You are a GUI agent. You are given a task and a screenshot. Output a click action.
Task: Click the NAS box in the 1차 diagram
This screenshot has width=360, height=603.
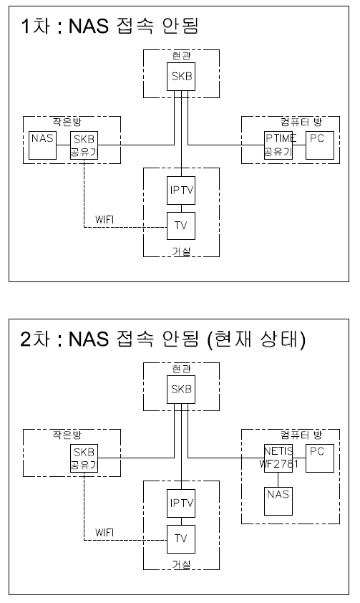pyautogui.click(x=43, y=145)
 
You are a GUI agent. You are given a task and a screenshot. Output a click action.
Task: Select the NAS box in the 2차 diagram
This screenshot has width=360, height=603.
pyautogui.click(x=278, y=501)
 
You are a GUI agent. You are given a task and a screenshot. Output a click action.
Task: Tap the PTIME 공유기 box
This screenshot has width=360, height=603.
pyautogui.click(x=278, y=145)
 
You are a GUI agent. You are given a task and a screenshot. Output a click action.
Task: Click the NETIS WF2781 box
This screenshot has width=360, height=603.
pyautogui.click(x=278, y=458)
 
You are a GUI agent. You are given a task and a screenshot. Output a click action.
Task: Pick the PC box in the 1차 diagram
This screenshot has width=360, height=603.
pyautogui.click(x=320, y=145)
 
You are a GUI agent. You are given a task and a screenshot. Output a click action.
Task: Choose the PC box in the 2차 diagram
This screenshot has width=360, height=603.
pyautogui.click(x=320, y=458)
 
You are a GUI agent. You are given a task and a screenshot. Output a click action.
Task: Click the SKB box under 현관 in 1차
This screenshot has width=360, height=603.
pyautogui.click(x=181, y=77)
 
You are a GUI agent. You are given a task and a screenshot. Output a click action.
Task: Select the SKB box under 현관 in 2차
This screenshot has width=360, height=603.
pyautogui.click(x=181, y=390)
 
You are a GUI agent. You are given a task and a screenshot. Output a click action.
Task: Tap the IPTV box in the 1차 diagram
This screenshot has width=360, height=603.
pyautogui.click(x=181, y=190)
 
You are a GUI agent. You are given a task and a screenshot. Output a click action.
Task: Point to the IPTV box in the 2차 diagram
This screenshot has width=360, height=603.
pyautogui.click(x=181, y=503)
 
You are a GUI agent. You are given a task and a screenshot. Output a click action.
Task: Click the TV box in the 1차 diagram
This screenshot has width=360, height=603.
pyautogui.click(x=181, y=226)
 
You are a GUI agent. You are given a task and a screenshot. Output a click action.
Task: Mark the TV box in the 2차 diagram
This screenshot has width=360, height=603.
pyautogui.click(x=181, y=539)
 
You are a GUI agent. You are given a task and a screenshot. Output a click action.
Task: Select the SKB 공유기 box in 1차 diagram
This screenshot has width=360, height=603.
pyautogui.click(x=84, y=145)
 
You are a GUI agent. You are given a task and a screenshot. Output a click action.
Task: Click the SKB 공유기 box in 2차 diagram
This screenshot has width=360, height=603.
pyautogui.click(x=84, y=458)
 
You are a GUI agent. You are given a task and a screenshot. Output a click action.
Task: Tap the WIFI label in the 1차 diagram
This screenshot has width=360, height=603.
pyautogui.click(x=104, y=220)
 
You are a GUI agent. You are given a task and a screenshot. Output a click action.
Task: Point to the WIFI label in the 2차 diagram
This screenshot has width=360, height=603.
pyautogui.click(x=104, y=533)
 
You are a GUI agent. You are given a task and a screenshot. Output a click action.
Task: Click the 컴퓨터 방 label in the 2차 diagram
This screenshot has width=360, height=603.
pyautogui.click(x=301, y=435)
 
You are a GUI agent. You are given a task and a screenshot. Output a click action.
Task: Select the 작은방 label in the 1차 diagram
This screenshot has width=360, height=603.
pyautogui.click(x=67, y=122)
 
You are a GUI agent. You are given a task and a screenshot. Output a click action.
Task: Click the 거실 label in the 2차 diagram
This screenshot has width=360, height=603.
pyautogui.click(x=181, y=564)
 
